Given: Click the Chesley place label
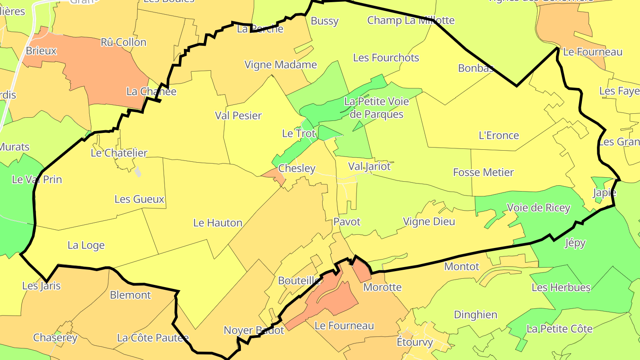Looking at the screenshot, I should pos(296,169).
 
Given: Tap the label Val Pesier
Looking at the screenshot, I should pos(238,116).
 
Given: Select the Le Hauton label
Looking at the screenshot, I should pos(218,223).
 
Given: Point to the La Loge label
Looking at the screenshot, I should pos(86,245).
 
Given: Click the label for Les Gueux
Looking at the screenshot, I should pos(140,199).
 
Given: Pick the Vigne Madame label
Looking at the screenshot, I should pos(281,65).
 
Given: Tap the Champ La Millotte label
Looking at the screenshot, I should pos(411,20).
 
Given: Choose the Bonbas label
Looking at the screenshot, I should pos(476,68).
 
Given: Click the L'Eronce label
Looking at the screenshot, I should pos(499,136).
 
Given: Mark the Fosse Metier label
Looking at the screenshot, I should pos(484,172).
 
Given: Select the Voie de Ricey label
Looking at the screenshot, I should pos(538,208).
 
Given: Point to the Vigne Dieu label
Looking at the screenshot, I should pos(429,221).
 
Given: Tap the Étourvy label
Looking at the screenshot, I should pos(415,343).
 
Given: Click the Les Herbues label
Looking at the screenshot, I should pos(561,288).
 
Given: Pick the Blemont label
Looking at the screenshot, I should pos(131,295).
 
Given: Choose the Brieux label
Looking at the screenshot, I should pos(41,51).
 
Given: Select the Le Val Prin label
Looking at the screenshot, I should pos(37,180).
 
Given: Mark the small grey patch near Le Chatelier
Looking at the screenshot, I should pos(138,172).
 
